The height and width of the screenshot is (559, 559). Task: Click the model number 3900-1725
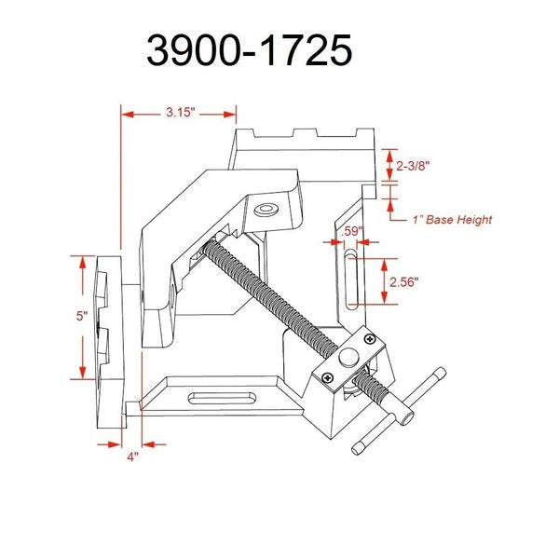point(250,50)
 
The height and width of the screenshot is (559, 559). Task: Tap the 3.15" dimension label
point(181,113)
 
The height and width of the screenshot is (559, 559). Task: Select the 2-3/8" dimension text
point(413,166)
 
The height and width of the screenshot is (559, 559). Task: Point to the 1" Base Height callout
point(452,220)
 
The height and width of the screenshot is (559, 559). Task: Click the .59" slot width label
point(352,231)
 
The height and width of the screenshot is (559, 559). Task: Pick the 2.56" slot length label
point(403,282)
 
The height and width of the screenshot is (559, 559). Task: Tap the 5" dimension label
point(82,316)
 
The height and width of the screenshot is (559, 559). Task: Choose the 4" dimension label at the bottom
point(132,457)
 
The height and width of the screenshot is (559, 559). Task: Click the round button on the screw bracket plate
point(348,357)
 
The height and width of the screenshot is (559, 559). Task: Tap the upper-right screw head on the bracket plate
point(371,339)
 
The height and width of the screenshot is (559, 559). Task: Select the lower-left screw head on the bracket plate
point(328,377)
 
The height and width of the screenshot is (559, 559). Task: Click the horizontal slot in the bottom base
point(222,398)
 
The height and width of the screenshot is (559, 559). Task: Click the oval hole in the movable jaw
point(266,210)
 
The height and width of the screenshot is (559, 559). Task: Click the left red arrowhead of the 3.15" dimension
point(128,115)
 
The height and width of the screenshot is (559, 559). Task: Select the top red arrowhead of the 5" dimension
point(83,263)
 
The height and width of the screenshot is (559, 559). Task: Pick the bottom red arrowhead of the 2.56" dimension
point(384,297)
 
